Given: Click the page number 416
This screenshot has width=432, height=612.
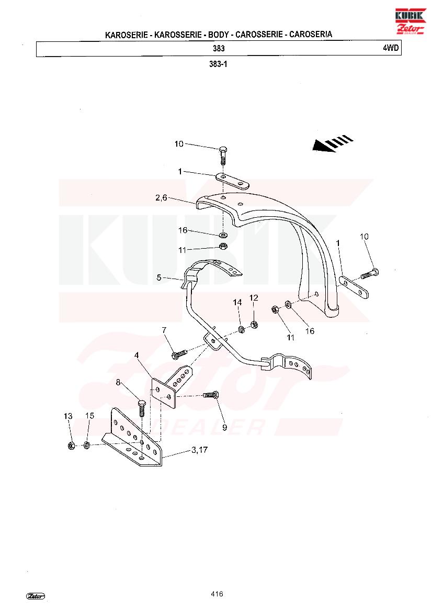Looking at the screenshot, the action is point(217,594).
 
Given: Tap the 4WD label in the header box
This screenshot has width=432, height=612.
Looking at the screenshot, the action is point(391,48).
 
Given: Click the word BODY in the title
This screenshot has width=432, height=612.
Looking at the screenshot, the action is point(218,35).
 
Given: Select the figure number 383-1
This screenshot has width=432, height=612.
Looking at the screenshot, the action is point(218,64).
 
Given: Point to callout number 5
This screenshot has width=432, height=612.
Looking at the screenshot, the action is point(158,277).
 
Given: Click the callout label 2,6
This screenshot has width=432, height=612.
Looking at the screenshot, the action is point(161,198).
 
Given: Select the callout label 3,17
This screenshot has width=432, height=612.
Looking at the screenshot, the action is point(199,450).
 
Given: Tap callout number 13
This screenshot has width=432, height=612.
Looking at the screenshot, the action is point(68,416).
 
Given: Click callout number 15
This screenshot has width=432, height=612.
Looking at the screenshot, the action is point(89,416).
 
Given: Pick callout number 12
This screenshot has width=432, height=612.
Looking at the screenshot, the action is point(254,298).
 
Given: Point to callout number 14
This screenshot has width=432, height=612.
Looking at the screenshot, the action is point(237,302).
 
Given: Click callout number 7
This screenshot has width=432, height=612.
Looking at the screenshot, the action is point(164,330).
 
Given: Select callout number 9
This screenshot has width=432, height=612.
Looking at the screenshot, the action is point(224,427).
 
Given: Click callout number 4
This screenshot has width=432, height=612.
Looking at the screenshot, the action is point(137,355).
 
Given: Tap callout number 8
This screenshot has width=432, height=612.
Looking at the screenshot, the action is point(118,383).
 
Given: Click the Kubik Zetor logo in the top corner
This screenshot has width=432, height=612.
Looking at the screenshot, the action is point(410,21).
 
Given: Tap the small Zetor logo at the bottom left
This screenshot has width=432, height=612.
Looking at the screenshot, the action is point(36,596).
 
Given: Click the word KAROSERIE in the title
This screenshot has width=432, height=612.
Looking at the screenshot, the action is point(127,35).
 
